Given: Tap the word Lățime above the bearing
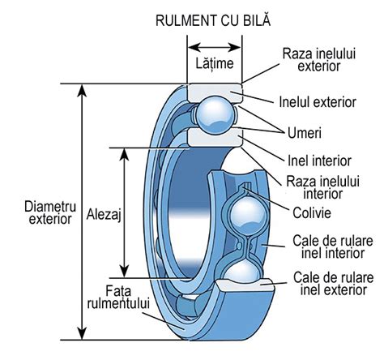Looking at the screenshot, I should click(x=215, y=62).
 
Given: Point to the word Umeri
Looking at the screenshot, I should click(x=306, y=131).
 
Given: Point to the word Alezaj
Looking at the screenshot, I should click(x=103, y=215).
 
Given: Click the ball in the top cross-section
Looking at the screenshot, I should click(x=215, y=114).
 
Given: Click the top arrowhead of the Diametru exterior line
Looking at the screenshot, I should click(x=81, y=87).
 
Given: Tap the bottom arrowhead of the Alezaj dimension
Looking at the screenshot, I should click(x=125, y=274).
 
